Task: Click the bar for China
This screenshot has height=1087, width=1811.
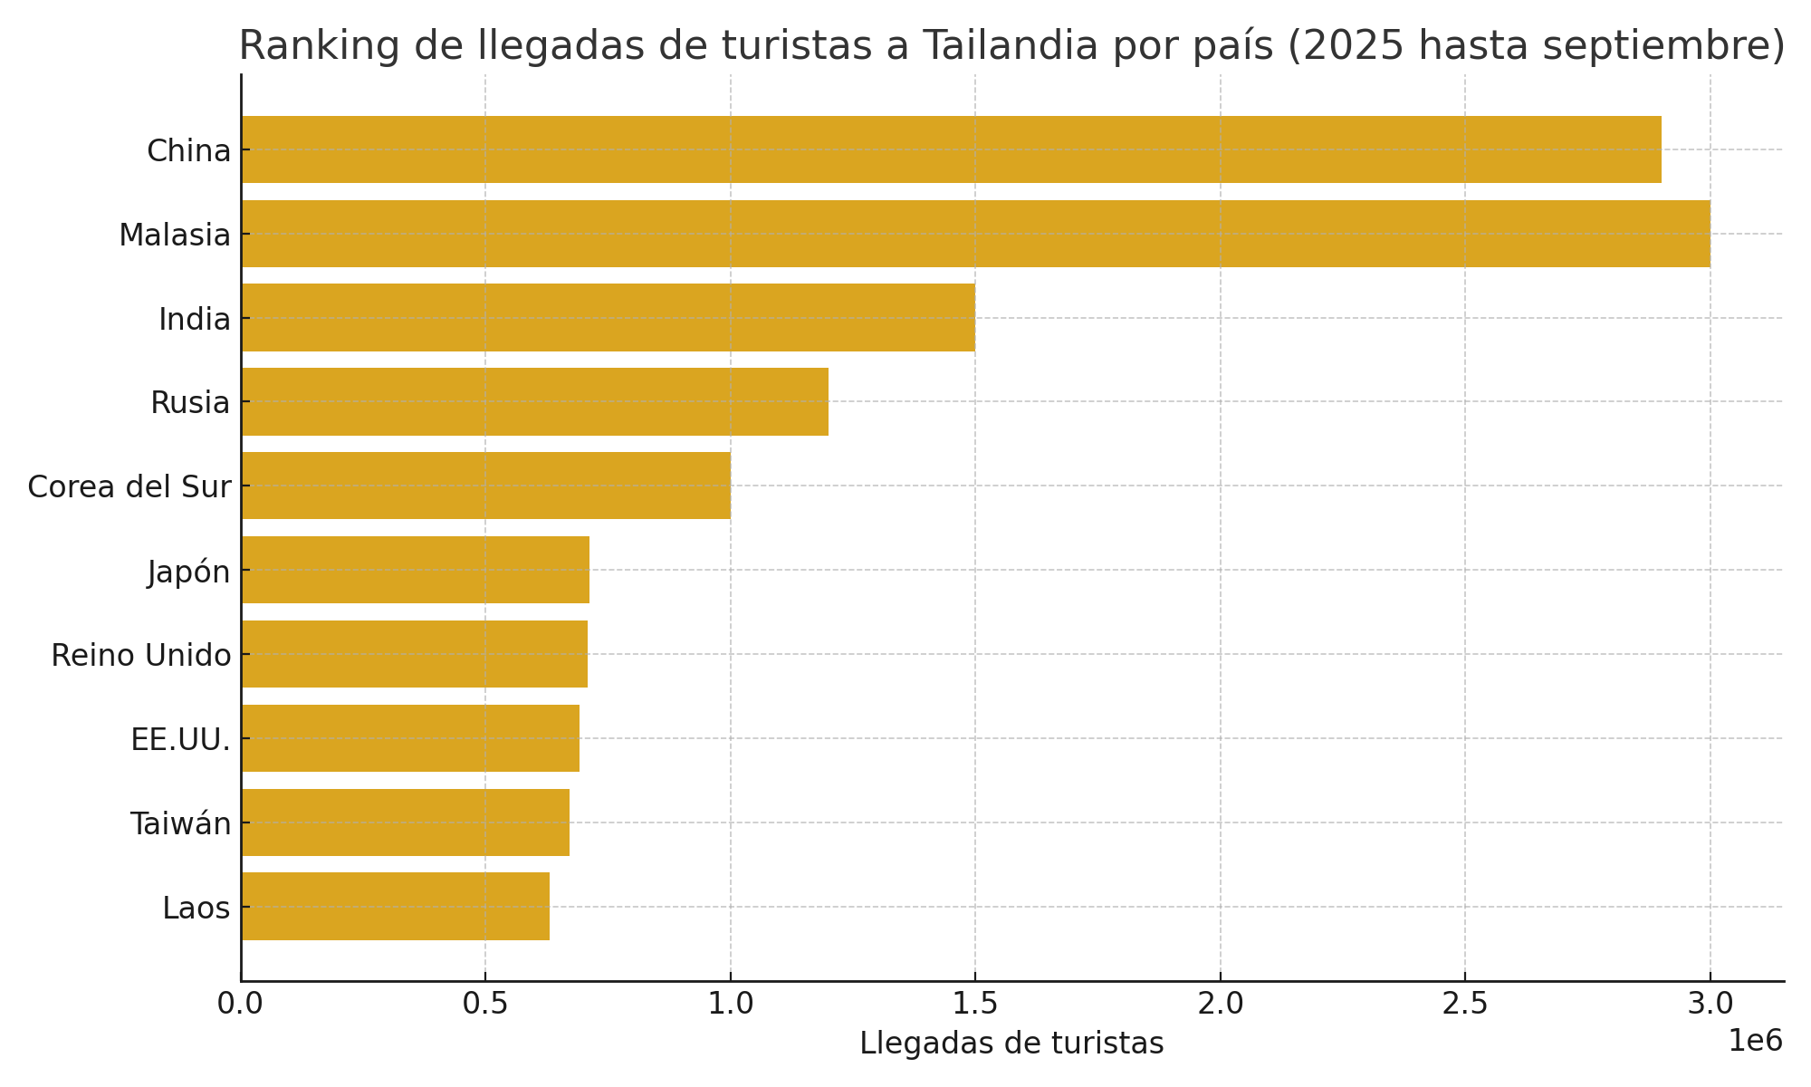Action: (951, 149)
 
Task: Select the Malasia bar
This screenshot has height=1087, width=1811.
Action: (975, 234)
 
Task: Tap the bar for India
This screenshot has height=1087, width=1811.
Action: (608, 318)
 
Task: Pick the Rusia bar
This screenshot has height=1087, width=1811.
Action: (534, 401)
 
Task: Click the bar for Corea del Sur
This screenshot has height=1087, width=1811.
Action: (485, 486)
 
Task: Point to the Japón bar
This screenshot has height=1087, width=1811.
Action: (415, 570)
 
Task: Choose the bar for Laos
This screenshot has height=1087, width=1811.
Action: (395, 907)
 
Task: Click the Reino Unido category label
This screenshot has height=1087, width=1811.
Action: (141, 655)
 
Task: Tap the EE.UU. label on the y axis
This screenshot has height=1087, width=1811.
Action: (180, 739)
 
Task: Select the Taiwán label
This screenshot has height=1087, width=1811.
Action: (180, 823)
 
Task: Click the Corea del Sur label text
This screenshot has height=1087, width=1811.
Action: (129, 486)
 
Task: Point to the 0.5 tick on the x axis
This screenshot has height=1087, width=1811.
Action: (485, 1004)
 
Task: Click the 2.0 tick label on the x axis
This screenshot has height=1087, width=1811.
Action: (1220, 1004)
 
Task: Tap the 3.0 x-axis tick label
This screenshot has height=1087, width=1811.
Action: (1710, 1004)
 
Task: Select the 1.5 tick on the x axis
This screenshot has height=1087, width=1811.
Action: (975, 1004)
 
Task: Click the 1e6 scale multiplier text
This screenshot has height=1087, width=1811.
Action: (1755, 1041)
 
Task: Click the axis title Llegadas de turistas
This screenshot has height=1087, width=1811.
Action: (1011, 1044)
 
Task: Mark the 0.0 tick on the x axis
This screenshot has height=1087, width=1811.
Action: (241, 1004)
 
